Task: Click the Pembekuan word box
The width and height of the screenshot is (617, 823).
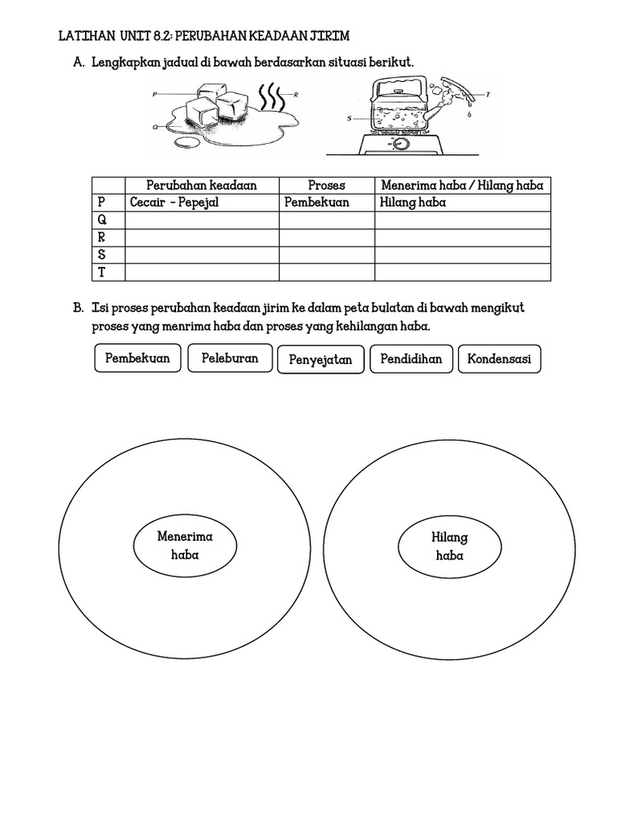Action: (x=137, y=358)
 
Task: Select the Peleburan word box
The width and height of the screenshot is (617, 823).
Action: (x=230, y=358)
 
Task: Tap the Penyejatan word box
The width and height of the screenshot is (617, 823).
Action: (x=320, y=360)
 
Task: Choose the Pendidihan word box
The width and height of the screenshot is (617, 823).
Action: (x=411, y=358)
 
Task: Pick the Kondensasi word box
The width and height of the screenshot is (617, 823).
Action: (x=499, y=359)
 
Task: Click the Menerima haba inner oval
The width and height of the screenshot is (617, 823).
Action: (x=185, y=546)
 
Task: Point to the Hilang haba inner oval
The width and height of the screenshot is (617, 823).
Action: (x=449, y=547)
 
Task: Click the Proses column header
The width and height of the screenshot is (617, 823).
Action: (x=326, y=185)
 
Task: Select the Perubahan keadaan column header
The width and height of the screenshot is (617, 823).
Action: (x=202, y=185)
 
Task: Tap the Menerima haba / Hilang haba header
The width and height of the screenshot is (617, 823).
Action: (x=462, y=185)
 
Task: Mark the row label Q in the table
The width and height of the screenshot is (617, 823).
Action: (x=101, y=220)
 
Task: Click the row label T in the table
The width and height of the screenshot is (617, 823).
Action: (x=101, y=272)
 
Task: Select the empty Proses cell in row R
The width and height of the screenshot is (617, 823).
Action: (x=326, y=238)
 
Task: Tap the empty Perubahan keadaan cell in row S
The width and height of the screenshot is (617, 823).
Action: (x=202, y=256)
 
